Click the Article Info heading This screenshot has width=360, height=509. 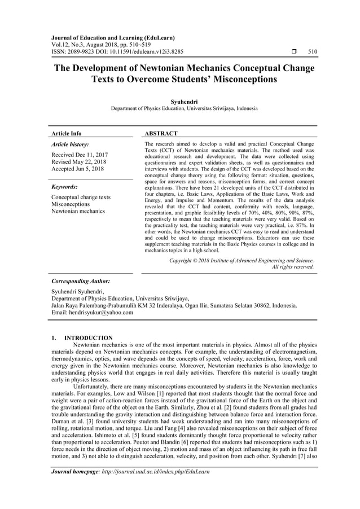(x=66, y=134)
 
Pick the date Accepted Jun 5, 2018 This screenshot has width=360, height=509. (x=77, y=169)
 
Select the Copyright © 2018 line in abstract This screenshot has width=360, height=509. (x=242, y=260)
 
